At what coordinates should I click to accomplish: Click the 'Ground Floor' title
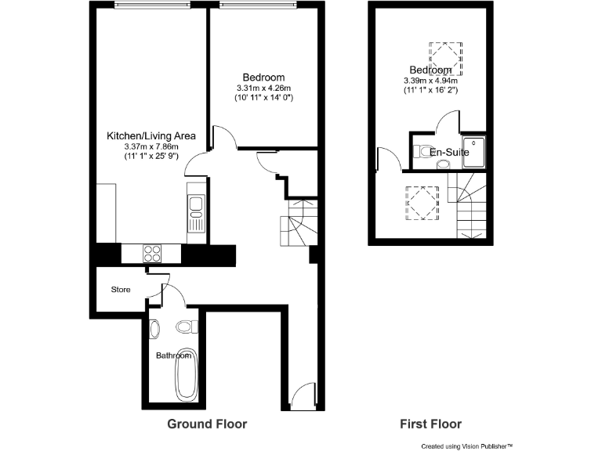click(x=207, y=424)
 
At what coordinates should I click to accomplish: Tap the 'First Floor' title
click(x=430, y=424)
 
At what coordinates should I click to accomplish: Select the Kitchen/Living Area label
click(x=151, y=136)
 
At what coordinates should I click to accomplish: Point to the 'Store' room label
click(x=120, y=290)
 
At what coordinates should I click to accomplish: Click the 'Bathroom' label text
click(x=173, y=355)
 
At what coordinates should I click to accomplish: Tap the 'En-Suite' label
click(x=449, y=152)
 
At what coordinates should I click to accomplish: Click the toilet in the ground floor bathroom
click(x=186, y=327)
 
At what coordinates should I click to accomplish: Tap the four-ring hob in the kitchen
click(x=150, y=253)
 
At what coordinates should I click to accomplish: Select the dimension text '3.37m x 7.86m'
click(x=151, y=146)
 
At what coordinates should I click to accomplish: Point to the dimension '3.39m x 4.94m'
click(x=430, y=81)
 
